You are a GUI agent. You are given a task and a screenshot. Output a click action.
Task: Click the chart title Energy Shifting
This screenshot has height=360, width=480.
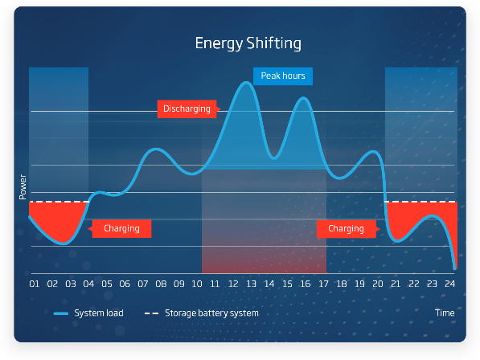(248, 43)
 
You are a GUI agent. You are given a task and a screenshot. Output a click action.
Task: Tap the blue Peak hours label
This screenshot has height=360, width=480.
(283, 76)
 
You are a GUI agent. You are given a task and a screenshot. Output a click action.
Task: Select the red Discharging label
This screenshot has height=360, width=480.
(187, 109)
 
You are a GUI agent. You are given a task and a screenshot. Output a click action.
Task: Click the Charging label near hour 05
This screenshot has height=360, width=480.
(121, 228)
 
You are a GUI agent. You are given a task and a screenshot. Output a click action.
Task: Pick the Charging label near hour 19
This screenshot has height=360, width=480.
(347, 229)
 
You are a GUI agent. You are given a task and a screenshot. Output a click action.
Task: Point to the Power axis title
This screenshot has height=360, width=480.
(23, 187)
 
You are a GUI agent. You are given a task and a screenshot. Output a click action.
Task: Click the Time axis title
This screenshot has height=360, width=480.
(445, 313)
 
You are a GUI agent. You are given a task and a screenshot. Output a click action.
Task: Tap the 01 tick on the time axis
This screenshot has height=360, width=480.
(35, 284)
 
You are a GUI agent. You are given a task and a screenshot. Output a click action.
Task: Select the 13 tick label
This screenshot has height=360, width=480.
(251, 284)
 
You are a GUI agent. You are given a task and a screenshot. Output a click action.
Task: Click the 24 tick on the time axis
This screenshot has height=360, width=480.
(449, 284)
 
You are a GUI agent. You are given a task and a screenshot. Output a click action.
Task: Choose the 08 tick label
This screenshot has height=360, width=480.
(161, 284)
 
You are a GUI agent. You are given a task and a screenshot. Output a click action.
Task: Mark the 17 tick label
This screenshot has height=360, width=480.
(323, 284)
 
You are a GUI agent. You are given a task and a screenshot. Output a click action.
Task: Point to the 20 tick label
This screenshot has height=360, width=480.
(377, 284)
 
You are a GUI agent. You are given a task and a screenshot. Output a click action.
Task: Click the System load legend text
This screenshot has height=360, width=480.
(99, 313)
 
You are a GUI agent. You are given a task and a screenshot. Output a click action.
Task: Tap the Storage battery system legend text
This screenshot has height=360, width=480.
(211, 313)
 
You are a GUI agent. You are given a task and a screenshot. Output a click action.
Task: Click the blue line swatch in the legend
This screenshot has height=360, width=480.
(60, 313)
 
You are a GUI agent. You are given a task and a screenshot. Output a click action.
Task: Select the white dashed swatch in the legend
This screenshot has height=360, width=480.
(151, 313)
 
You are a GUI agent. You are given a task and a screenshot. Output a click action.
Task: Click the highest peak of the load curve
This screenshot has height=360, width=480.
(246, 82)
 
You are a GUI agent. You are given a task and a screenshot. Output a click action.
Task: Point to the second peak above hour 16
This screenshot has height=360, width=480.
(303, 98)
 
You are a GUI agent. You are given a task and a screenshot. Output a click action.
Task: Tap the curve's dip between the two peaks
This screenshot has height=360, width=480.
(273, 158)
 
